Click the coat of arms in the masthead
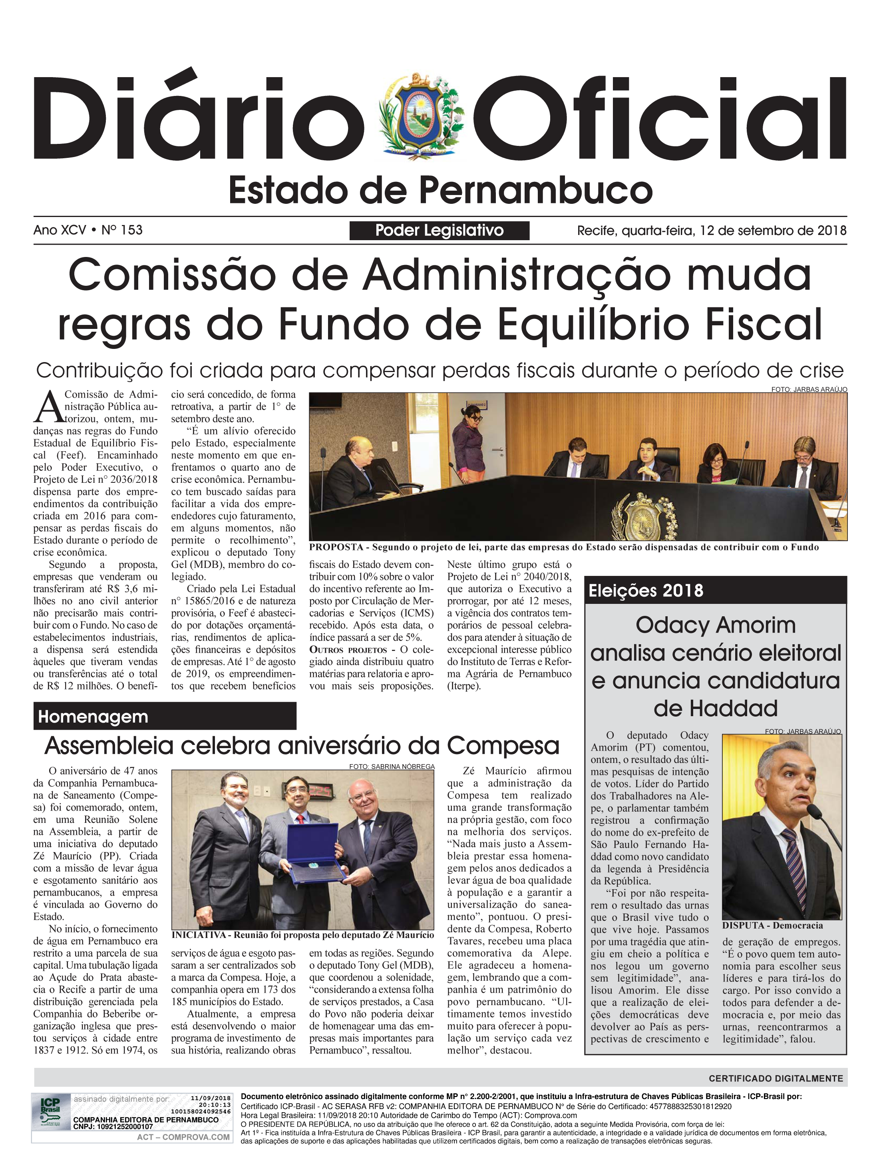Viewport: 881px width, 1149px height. coord(418,116)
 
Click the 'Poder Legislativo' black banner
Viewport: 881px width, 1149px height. coord(440,230)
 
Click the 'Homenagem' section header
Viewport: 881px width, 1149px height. coord(93,716)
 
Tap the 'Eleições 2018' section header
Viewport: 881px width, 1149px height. coord(646,591)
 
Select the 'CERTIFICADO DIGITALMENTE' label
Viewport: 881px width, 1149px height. coord(776,1079)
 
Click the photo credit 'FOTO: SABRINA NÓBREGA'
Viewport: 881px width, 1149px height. coord(392,767)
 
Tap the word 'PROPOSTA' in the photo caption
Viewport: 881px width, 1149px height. coord(336,548)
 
